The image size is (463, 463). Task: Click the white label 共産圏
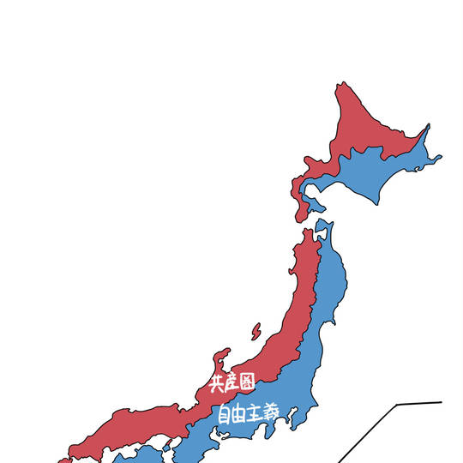(x=232, y=382)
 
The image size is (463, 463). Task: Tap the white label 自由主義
(x=248, y=412)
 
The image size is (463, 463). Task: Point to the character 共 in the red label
(x=217, y=383)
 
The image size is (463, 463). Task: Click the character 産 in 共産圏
(x=232, y=382)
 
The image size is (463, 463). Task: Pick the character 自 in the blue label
(x=224, y=414)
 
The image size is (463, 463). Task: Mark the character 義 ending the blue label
(x=270, y=411)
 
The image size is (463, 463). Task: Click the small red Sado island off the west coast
(x=256, y=330)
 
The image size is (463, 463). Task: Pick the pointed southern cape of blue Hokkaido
(x=377, y=203)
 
